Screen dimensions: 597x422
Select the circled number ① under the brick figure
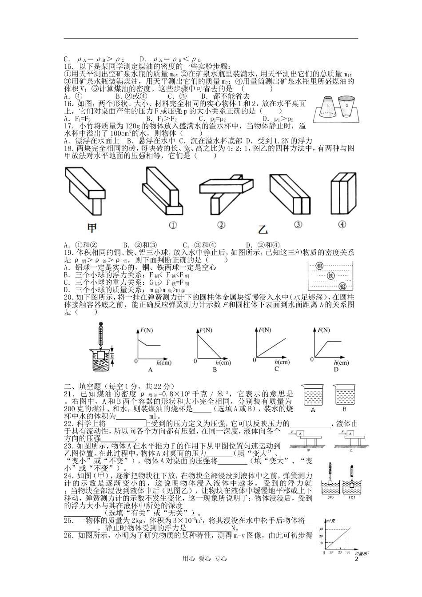(173, 225)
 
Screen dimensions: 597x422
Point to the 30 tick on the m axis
(322, 529)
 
